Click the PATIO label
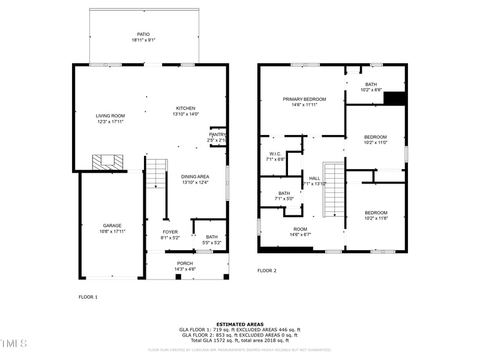click(143, 34)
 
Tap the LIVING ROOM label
click(110, 116)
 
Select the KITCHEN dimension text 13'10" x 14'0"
click(185, 114)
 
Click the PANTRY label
click(217, 134)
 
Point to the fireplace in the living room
click(107, 161)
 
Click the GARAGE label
click(112, 226)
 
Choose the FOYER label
click(170, 232)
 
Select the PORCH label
click(185, 263)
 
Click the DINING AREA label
click(195, 176)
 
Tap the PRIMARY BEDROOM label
click(305, 99)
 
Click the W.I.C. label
click(276, 154)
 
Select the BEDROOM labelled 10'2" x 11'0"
click(376, 137)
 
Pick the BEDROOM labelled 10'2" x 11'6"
click(376, 212)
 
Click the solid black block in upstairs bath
click(394, 98)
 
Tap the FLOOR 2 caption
click(267, 271)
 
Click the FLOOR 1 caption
click(88, 297)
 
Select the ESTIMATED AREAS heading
click(239, 324)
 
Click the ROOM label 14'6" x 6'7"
click(300, 229)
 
